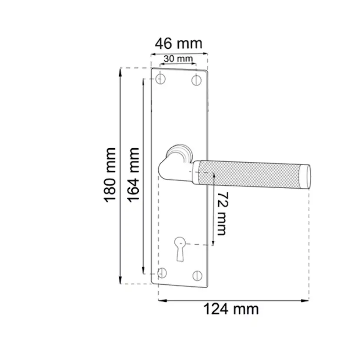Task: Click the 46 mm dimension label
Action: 179,43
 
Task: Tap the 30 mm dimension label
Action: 178,59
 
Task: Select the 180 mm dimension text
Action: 110,175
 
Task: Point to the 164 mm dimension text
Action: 133,175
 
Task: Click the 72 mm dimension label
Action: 222,213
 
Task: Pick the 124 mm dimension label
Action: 231,309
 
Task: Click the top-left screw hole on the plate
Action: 160,79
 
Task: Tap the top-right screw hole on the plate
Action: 196,80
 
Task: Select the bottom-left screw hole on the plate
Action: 162,273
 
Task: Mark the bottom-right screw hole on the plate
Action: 197,276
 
